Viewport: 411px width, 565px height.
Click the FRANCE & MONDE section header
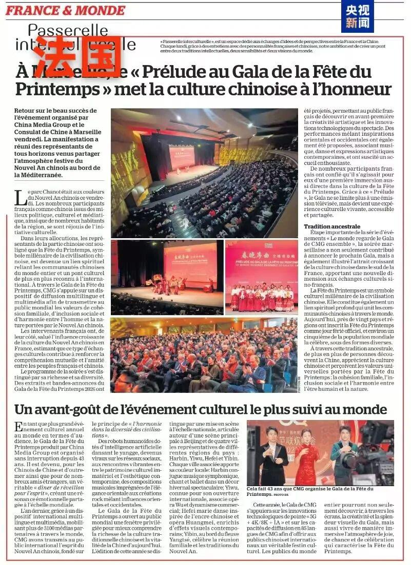[65, 10]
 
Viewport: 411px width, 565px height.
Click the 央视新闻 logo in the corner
[357, 16]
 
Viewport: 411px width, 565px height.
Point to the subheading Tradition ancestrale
[332, 226]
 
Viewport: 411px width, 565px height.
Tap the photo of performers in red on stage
[261, 277]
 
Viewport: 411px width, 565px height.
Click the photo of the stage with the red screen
[167, 277]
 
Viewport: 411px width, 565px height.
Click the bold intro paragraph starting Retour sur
[56, 142]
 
